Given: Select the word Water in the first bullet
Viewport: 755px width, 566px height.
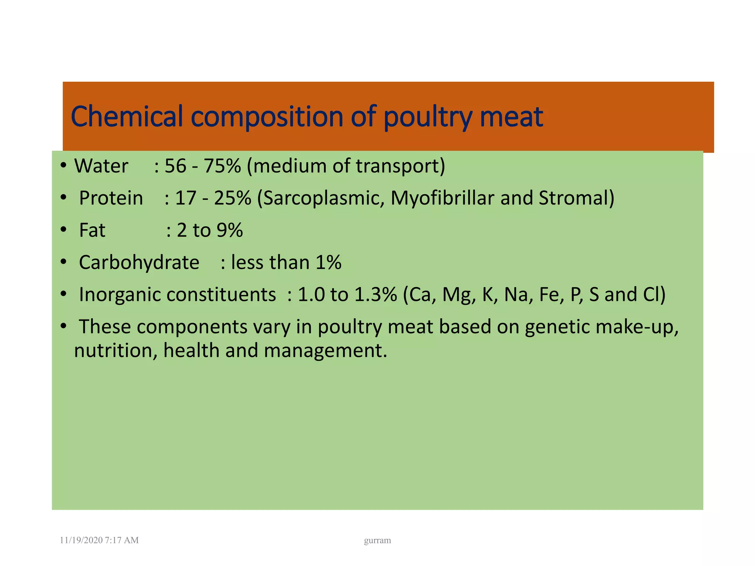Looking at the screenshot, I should coord(101,166).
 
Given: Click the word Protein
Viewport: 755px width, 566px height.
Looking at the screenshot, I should coord(111,198).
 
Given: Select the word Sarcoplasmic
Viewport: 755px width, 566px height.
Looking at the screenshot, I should coord(321,198).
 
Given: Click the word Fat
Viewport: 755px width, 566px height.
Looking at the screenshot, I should coord(92,230).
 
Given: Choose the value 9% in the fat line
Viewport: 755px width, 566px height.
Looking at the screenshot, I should coord(230,230).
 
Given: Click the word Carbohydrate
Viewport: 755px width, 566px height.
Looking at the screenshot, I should coord(139,262).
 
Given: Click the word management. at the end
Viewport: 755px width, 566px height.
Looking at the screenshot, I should coord(326,350).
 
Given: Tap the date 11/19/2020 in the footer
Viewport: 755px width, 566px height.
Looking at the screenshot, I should coord(81,540).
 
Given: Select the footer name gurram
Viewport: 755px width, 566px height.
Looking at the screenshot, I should coord(377,541).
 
